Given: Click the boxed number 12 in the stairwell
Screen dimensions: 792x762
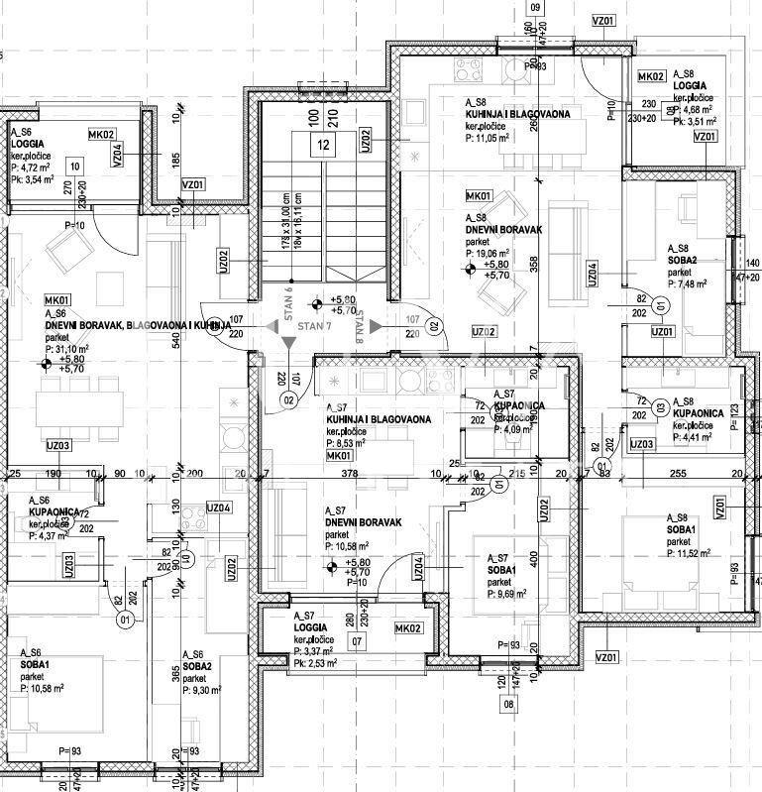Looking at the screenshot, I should pos(323,145).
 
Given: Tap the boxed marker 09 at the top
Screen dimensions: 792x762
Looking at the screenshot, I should pos(537,7).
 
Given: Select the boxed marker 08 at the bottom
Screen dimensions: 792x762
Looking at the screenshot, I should pos(509,705).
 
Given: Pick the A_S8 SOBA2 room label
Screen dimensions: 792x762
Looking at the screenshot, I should pos(683,260).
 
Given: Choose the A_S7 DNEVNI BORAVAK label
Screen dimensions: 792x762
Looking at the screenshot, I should pos(361,522).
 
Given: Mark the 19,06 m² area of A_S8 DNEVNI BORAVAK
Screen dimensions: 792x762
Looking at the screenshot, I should pos(490,254).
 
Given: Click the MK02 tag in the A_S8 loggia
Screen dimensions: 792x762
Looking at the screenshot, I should pos(651,76).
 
